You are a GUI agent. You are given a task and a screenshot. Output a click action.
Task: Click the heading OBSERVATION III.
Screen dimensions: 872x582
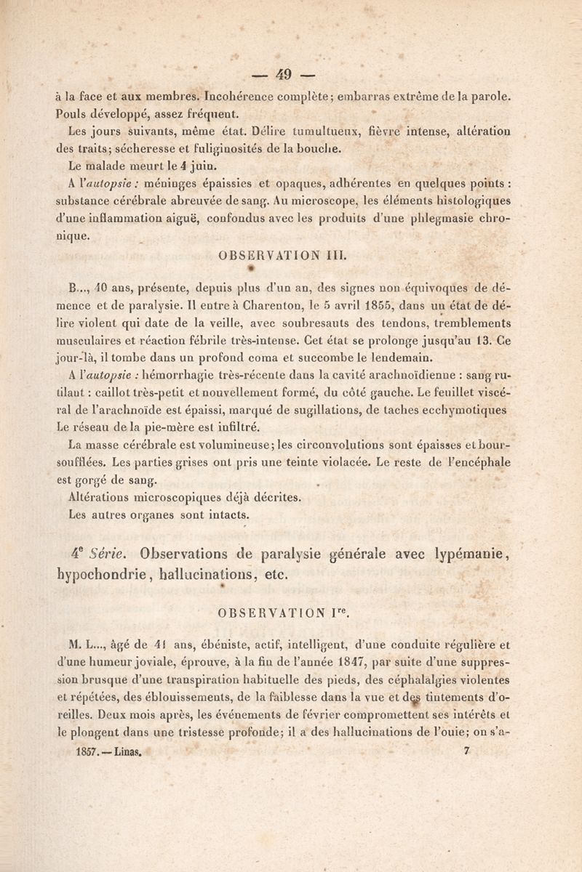click(291, 256)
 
